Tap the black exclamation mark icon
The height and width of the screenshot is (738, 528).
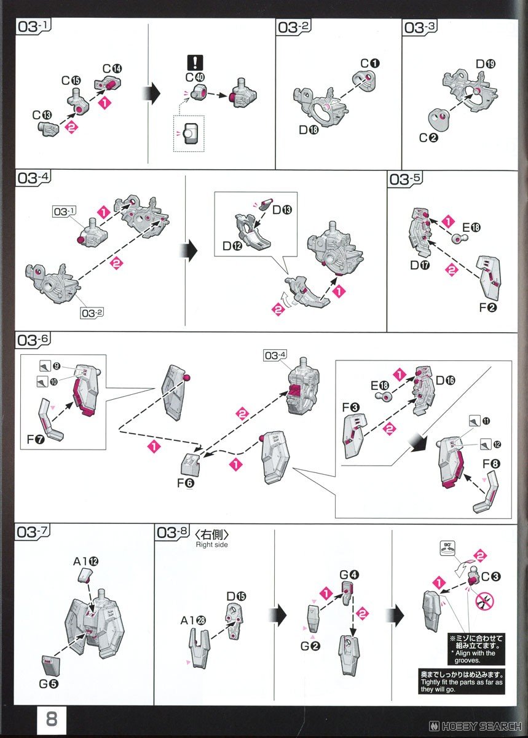tap(195, 62)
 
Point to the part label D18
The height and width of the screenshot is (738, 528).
tap(309, 130)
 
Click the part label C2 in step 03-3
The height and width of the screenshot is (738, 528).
tap(428, 138)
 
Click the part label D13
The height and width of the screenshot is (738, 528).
tap(282, 210)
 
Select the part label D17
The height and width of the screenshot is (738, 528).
tap(420, 265)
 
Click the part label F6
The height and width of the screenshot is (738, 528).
tap(186, 483)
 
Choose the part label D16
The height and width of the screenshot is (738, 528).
tap(446, 381)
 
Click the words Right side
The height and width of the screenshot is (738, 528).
tap(212, 544)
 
